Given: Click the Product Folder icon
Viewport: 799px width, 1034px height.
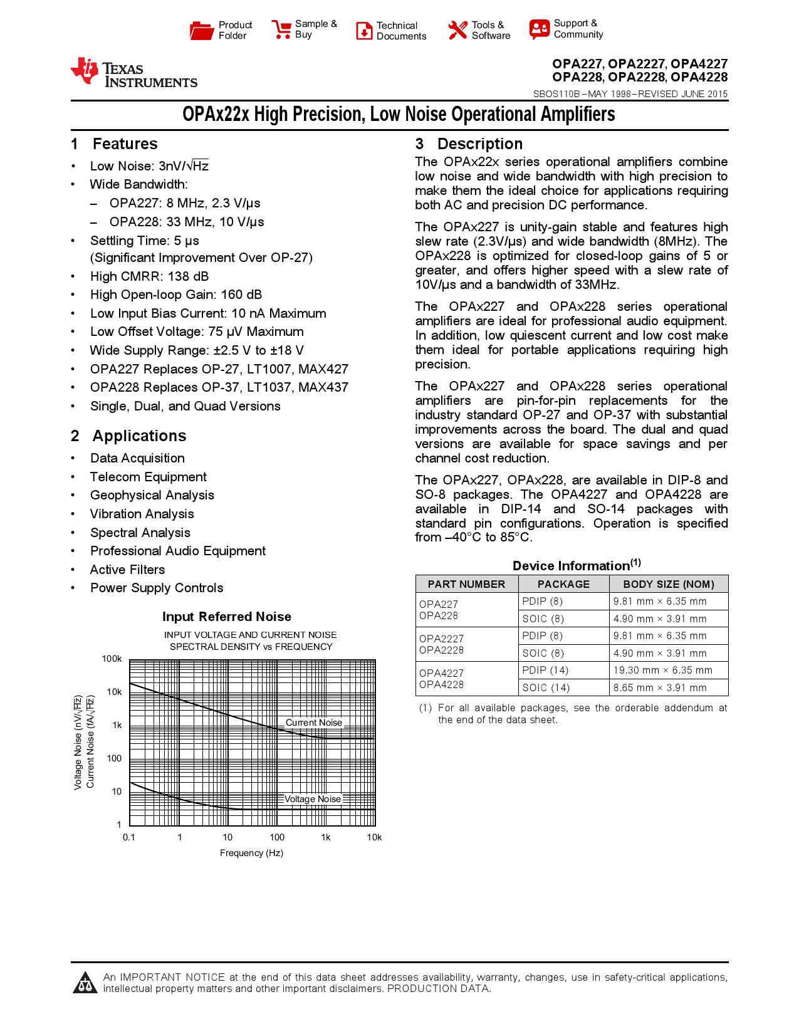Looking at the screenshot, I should pos(202,30).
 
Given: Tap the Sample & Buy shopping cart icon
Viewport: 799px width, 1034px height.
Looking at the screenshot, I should pos(281,29).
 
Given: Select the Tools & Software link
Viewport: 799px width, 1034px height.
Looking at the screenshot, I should pos(490,30).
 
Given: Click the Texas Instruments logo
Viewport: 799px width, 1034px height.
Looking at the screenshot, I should pos(134,73).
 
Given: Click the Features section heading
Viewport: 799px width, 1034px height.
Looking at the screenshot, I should pos(125,144).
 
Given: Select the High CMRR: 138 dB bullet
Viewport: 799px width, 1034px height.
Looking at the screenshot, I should pos(149,276).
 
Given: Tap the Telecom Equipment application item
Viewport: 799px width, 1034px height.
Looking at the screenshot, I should pos(148,477).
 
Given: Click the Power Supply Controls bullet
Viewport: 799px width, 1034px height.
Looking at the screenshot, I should pos(157,588).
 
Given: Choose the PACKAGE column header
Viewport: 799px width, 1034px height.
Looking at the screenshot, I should pos(563,584).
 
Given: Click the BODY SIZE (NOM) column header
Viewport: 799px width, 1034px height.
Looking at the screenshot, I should pos(668,584).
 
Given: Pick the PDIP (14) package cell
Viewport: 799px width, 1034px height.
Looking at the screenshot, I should pos(545,670).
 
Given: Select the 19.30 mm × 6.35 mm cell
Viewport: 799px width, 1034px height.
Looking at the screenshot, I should pos(662,670).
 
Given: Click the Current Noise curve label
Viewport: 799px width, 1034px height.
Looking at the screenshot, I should pos(314,723).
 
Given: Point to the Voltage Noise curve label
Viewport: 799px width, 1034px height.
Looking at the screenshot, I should pos(312,799).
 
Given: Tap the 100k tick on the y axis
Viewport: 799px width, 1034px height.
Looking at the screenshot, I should pos(112,659).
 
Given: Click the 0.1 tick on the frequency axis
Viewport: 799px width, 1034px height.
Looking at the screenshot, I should pos(128,837).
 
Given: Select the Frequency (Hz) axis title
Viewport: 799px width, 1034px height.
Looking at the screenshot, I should pos(251,853).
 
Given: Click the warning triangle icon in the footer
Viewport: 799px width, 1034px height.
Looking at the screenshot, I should pos(85,983).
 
